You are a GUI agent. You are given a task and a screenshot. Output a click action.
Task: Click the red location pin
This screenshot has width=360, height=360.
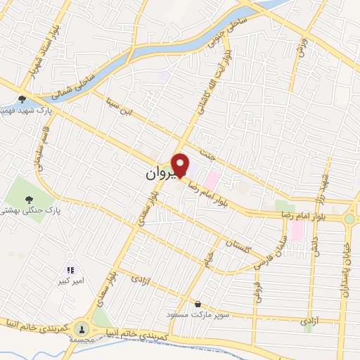click(181, 165)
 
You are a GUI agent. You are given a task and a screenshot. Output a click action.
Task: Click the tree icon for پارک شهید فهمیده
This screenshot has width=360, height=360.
click(22, 99)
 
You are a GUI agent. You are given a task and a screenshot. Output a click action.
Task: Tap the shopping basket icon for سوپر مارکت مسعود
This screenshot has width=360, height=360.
click(198, 304)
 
